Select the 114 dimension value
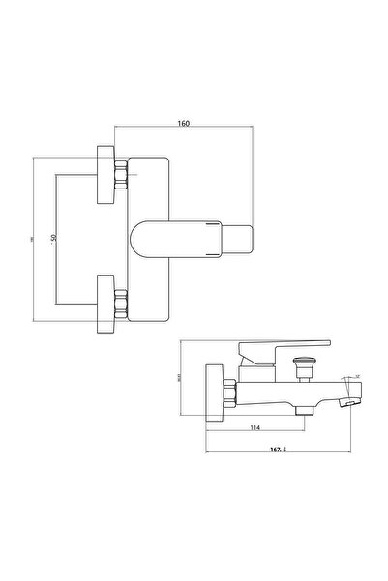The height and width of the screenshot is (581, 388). point(254,428)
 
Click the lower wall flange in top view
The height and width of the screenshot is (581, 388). point(105,302)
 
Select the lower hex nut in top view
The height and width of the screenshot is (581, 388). point(121,302)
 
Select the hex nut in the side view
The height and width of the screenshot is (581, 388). point(228,393)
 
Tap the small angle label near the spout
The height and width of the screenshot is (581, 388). point(356,375)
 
